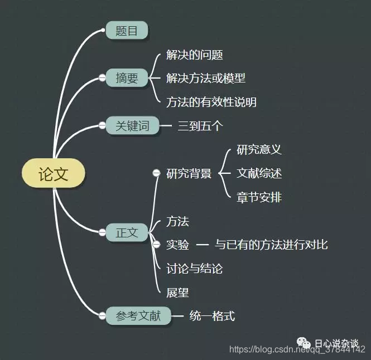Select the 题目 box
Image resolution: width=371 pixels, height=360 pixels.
pos(127,31)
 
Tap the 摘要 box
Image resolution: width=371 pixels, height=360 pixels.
pos(127,78)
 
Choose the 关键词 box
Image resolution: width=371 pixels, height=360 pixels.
pos(132,126)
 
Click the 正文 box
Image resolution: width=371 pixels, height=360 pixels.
pos(127,232)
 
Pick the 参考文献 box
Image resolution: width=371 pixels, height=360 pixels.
pos(138,316)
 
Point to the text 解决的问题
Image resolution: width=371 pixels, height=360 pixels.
pos(195,55)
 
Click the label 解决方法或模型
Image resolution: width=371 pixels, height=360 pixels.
pos(206,78)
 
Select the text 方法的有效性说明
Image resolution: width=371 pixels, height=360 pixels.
pos(211,102)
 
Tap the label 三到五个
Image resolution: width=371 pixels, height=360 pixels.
pos(200,126)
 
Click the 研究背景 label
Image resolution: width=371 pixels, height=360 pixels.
pos(189,173)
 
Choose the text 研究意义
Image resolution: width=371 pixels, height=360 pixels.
pos(259,149)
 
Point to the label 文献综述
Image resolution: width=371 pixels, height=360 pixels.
pos(259,173)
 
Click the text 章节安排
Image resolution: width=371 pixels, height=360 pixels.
pos(259,197)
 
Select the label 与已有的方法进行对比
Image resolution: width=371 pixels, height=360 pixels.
pos(271,245)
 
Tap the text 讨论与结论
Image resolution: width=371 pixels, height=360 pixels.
pos(194,269)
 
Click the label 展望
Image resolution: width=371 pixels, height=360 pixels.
pos(177,292)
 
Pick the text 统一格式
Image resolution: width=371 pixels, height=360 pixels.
pos(212,316)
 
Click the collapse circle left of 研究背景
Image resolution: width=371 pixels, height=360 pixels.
pos(156,173)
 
